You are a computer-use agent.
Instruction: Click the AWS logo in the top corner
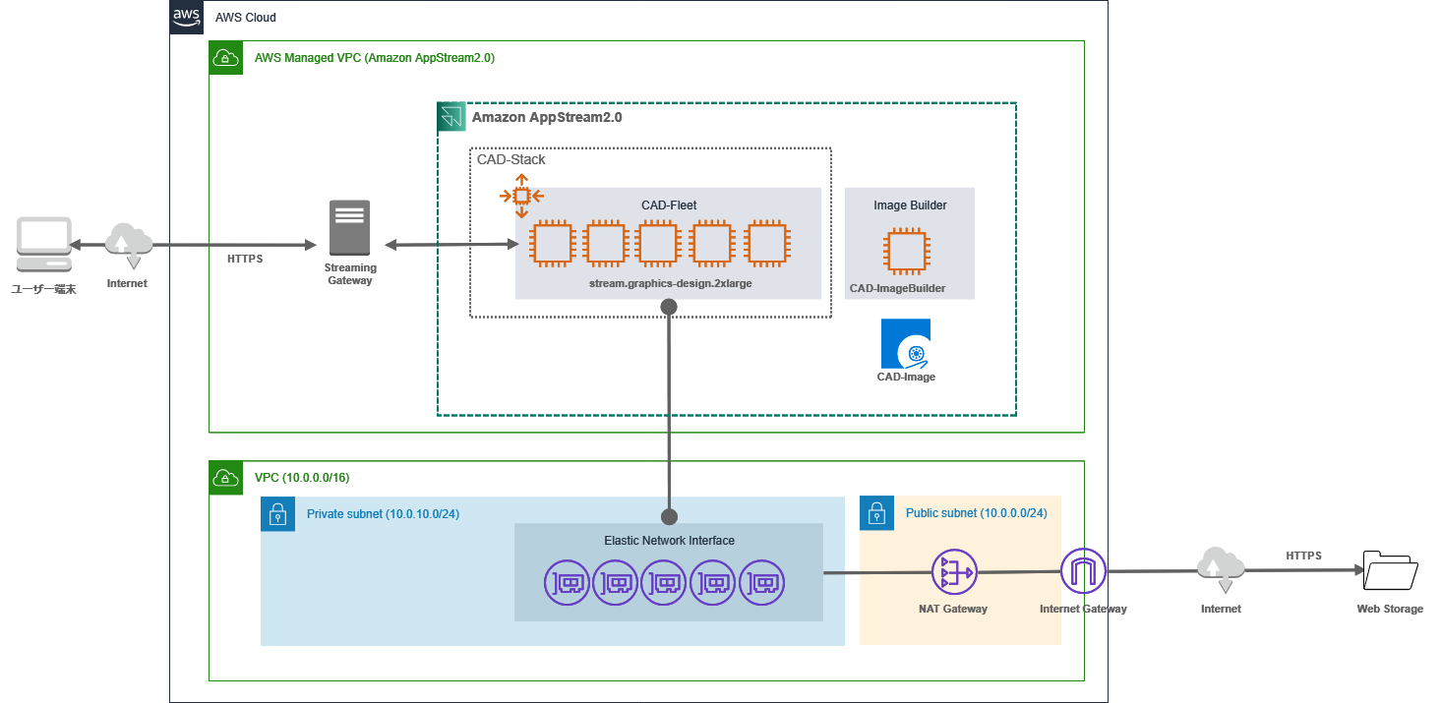(187, 17)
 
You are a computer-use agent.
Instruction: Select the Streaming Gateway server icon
(350, 228)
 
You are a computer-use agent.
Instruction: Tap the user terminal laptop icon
(43, 245)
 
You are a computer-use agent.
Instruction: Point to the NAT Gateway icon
(953, 571)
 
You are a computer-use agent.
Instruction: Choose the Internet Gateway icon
(1083, 571)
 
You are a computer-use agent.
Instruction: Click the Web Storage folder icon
(1390, 570)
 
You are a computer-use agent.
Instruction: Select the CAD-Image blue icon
(906, 343)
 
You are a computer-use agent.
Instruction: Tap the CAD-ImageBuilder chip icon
(906, 251)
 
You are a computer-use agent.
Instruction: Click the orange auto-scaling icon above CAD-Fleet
(521, 196)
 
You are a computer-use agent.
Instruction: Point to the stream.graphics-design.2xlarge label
(668, 283)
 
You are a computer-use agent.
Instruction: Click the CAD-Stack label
(511, 159)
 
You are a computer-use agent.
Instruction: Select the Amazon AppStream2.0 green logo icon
(452, 117)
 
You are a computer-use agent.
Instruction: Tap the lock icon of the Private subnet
(277, 513)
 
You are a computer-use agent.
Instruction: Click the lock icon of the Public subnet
(876, 513)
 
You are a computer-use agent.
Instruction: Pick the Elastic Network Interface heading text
(669, 541)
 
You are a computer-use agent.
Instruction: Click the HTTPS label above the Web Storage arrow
(1303, 556)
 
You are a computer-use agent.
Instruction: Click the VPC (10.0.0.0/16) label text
(302, 478)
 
